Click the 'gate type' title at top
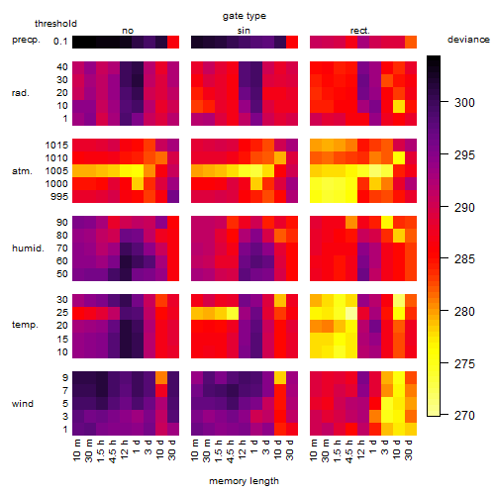click(245, 16)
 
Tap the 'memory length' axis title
click(244, 481)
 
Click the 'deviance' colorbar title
click(468, 40)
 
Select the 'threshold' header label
click(55, 24)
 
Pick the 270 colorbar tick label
click(464, 416)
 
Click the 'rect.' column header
click(359, 31)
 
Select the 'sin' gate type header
click(244, 31)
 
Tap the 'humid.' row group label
click(28, 248)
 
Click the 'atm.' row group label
click(22, 171)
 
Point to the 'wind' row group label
click(23, 403)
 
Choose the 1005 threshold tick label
click(56, 171)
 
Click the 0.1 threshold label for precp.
click(60, 42)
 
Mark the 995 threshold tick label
click(59, 197)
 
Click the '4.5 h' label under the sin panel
click(231, 450)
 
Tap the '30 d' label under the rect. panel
click(409, 449)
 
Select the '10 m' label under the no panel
click(76, 449)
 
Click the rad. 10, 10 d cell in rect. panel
click(399, 106)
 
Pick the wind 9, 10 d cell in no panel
click(161, 377)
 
